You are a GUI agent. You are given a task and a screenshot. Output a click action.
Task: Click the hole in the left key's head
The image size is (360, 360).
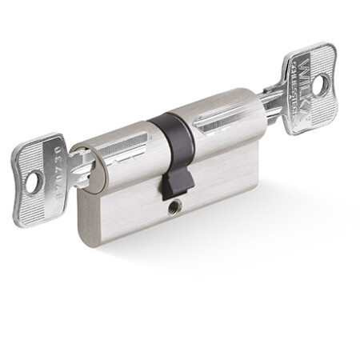(31, 183)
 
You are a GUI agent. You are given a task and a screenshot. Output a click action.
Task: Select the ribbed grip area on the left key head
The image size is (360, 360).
(44, 201)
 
